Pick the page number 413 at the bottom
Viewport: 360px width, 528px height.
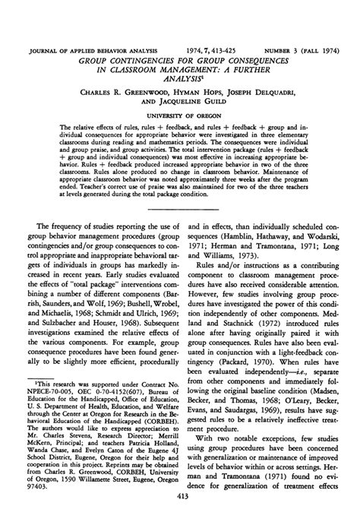click(180, 517)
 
